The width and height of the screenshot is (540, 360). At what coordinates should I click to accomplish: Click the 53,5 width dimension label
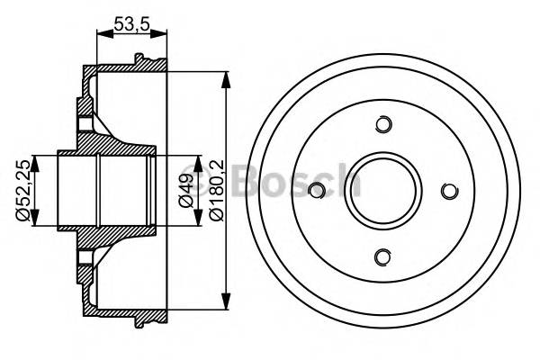coord(130,25)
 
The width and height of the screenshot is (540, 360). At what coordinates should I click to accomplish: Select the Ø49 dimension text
coord(184,192)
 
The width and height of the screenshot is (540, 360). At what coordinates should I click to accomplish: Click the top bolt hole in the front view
coord(383,124)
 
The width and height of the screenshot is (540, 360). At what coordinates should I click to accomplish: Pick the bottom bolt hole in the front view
coord(383,257)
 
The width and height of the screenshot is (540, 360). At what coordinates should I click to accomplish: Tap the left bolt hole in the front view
coord(317,190)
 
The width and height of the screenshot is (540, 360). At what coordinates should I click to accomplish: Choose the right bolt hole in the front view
coord(449,190)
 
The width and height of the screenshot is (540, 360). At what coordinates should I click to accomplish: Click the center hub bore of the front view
coord(383,190)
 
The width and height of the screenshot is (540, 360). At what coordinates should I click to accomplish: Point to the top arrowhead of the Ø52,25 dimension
coord(36,159)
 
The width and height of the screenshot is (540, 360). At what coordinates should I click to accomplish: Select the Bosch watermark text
coord(270,180)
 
